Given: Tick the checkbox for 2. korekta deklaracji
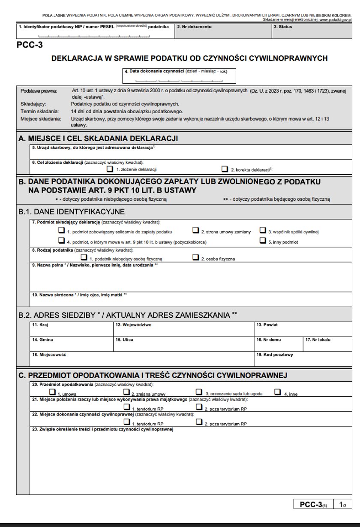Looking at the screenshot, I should point(224,169).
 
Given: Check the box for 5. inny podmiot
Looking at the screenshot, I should point(262,240).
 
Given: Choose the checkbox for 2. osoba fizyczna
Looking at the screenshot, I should point(195,257).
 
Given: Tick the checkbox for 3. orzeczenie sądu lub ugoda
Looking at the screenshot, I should point(199,391).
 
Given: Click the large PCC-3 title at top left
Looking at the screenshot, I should point(29,44).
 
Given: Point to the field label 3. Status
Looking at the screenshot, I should point(283,27).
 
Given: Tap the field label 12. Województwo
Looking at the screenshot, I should point(133,325).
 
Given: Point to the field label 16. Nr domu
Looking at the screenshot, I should point(269,340).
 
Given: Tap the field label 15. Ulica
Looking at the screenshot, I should point(125,340).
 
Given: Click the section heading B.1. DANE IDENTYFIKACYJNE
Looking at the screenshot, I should point(72,211).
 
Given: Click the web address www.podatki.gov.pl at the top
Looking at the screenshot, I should point(335,20).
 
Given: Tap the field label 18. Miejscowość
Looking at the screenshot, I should point(49,355).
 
